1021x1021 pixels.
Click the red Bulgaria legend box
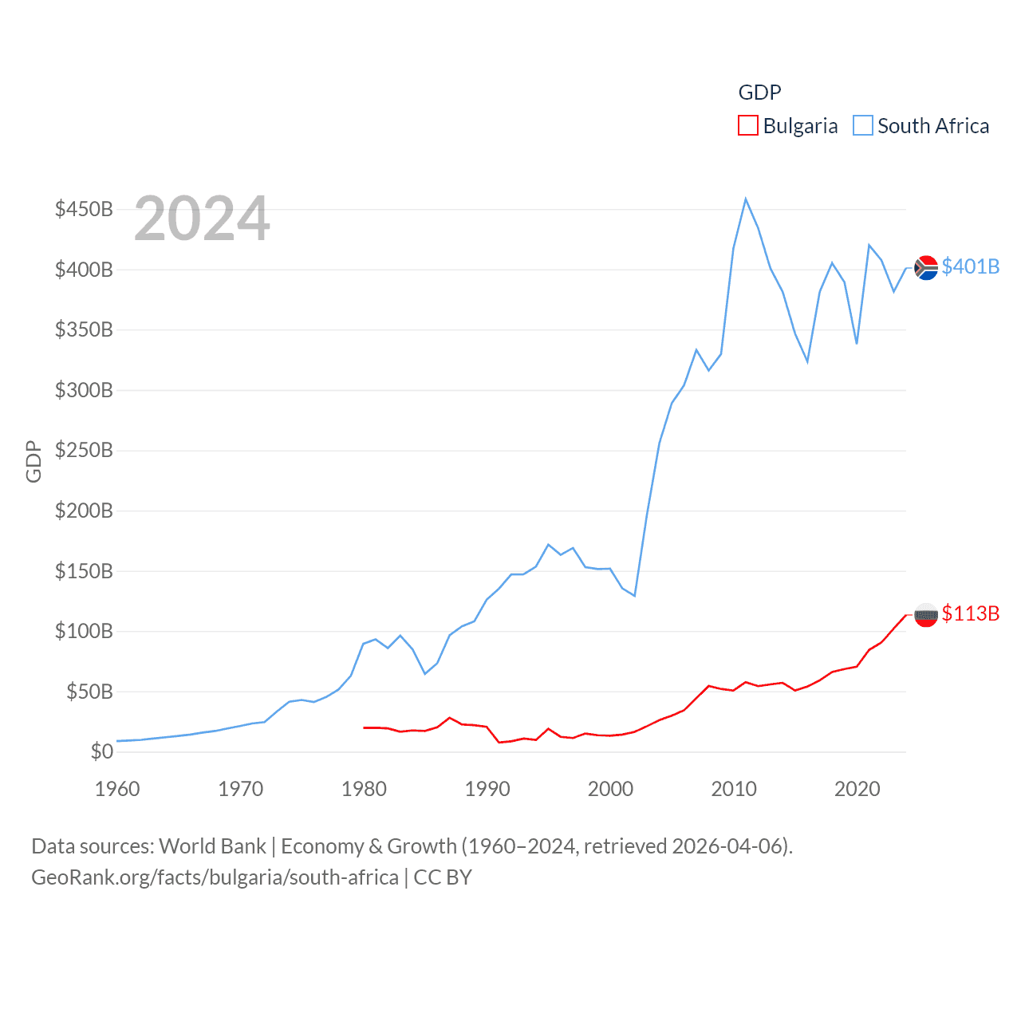point(747,126)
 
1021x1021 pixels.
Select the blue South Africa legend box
point(863,126)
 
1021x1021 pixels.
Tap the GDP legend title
point(759,93)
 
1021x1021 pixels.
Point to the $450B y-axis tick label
point(84,209)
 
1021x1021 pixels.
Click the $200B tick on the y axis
point(84,510)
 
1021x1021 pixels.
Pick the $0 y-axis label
point(101,751)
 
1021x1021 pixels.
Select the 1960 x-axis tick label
point(117,789)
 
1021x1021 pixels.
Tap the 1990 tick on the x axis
point(487,789)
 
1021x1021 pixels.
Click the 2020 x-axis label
point(857,789)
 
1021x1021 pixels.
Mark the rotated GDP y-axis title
point(34,461)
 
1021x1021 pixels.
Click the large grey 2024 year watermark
point(202,219)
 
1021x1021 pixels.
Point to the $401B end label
point(970,266)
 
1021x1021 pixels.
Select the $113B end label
point(970,613)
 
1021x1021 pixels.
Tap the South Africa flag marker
point(925,268)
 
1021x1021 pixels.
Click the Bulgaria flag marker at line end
point(925,615)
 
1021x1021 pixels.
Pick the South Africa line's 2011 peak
point(746,199)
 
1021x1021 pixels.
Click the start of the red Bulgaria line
point(365,727)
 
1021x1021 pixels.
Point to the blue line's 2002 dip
point(635,596)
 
